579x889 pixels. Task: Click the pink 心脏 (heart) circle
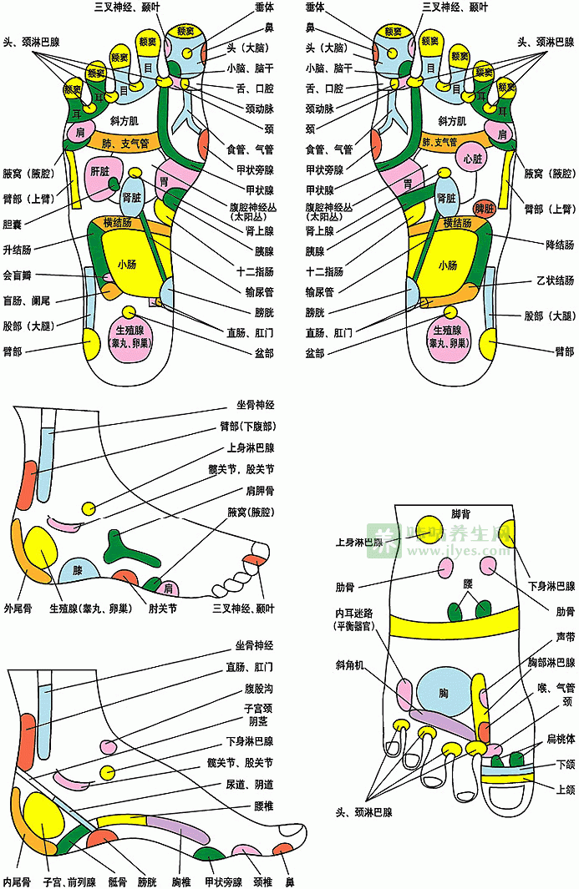point(470,158)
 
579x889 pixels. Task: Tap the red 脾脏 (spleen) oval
point(484,207)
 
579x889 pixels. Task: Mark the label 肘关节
point(162,609)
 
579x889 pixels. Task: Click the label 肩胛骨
point(257,491)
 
